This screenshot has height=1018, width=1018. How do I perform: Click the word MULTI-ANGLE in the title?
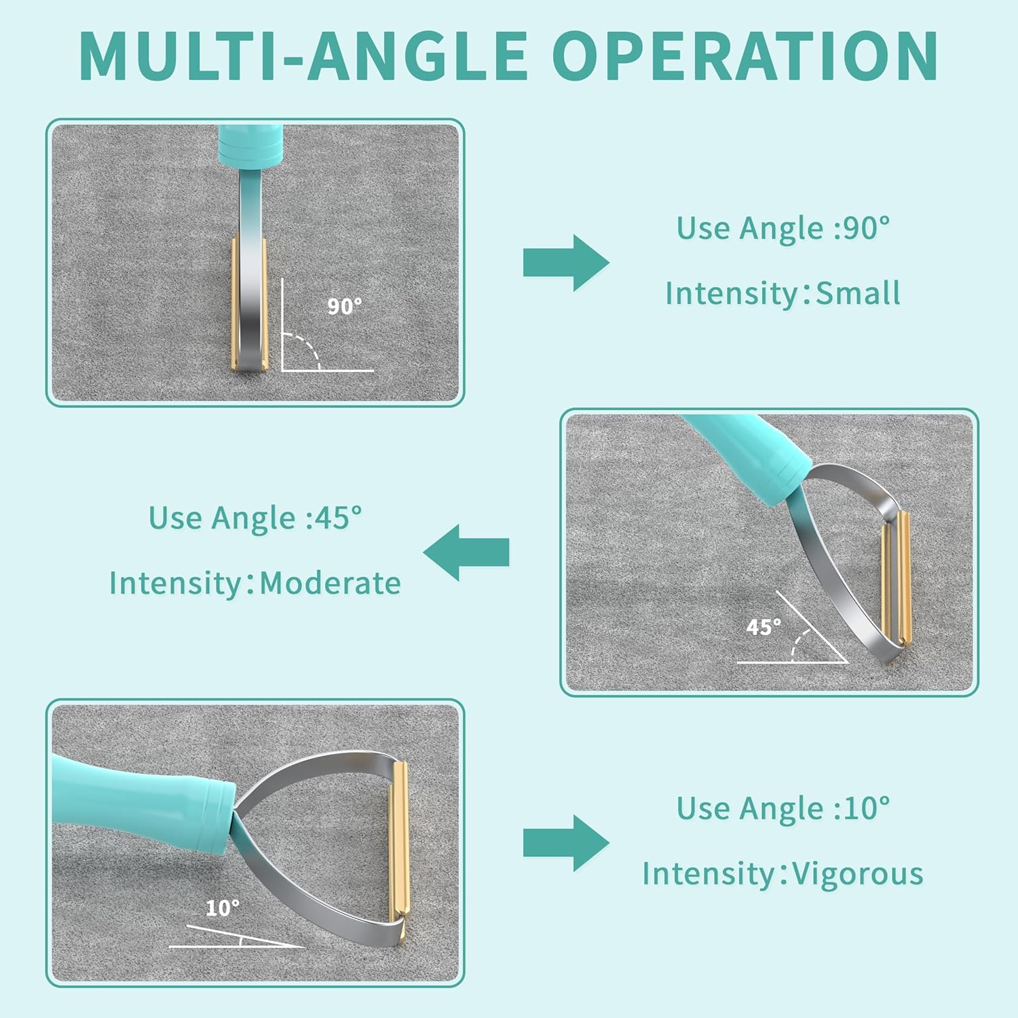pos(303,56)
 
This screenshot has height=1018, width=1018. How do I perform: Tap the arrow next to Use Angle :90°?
pos(566,263)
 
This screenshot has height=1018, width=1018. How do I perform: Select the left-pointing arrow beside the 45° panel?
pos(466,552)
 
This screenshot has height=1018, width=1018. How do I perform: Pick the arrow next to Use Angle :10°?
pos(566,843)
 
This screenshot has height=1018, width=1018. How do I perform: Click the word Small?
pos(858,293)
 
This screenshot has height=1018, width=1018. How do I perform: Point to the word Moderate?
pos(331,583)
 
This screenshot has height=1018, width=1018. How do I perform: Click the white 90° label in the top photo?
pos(345,307)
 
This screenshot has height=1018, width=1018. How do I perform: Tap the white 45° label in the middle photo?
pos(763,627)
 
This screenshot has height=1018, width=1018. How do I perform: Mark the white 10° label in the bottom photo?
pos(223,908)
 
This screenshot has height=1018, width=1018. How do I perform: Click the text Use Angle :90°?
pos(783,228)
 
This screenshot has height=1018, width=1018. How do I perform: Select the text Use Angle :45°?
pos(255,518)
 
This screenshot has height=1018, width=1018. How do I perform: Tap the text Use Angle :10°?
pos(783,808)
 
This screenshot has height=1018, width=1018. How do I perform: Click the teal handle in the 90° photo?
pos(250,145)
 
